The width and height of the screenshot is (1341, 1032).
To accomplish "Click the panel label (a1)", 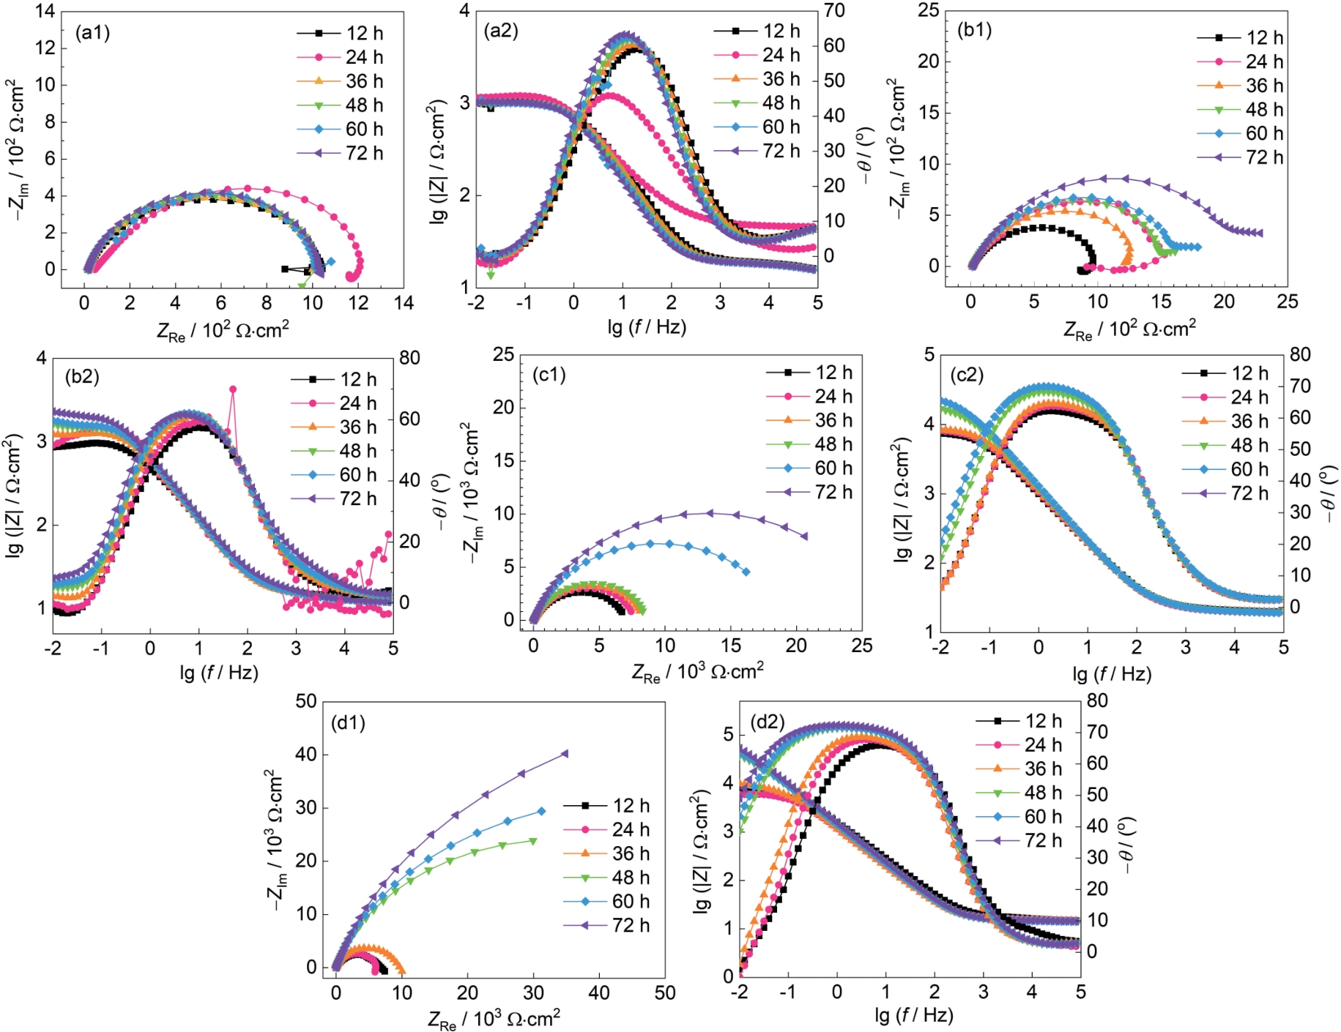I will pyautogui.click(x=92, y=33).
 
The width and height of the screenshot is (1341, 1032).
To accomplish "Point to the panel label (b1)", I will pyautogui.click(x=974, y=30).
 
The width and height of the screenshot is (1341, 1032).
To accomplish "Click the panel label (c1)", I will pyautogui.click(x=549, y=375).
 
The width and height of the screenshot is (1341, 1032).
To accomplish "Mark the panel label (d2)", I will pyautogui.click(x=767, y=722).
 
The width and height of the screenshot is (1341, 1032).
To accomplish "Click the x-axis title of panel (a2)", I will pyautogui.click(x=647, y=327).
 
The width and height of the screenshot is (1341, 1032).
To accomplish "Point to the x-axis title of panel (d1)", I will pyautogui.click(x=494, y=1019).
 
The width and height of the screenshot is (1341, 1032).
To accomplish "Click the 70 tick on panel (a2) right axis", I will pyautogui.click(x=834, y=10).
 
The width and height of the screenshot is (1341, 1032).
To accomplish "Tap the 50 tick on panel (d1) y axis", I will pyautogui.click(x=306, y=701).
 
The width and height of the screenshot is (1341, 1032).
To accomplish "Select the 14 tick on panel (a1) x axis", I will pyautogui.click(x=404, y=302).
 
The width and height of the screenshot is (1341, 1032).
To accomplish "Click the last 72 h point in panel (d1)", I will pyautogui.click(x=565, y=753).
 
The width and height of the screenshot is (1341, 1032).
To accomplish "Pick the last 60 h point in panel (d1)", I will pyautogui.click(x=541, y=811).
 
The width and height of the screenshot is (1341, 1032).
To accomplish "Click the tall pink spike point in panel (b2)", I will pyautogui.click(x=233, y=389).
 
